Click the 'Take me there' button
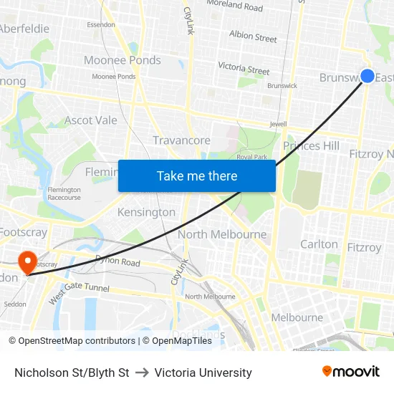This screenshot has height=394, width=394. (x=197, y=176)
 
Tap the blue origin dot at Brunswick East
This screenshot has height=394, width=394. (x=367, y=76)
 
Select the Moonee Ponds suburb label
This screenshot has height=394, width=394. (x=122, y=60)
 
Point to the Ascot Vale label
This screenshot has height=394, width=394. (x=90, y=120)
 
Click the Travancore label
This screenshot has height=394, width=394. (x=181, y=140)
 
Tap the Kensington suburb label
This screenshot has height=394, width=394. (x=146, y=212)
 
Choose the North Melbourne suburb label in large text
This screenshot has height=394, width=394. (x=222, y=234)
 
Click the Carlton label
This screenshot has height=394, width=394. (x=319, y=244)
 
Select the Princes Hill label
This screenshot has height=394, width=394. (x=311, y=146)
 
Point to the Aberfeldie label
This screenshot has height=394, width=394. (x=24, y=29)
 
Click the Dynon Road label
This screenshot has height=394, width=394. (x=117, y=262)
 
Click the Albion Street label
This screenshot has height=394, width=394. (x=253, y=37)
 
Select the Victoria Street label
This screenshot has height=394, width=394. (x=244, y=69)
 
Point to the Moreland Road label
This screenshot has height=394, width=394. (x=234, y=6)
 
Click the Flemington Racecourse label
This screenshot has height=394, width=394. (x=64, y=193)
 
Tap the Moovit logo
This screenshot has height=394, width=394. (x=351, y=371)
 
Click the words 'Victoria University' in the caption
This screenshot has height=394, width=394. (x=203, y=373)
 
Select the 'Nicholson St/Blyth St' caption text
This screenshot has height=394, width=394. (x=72, y=373)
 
